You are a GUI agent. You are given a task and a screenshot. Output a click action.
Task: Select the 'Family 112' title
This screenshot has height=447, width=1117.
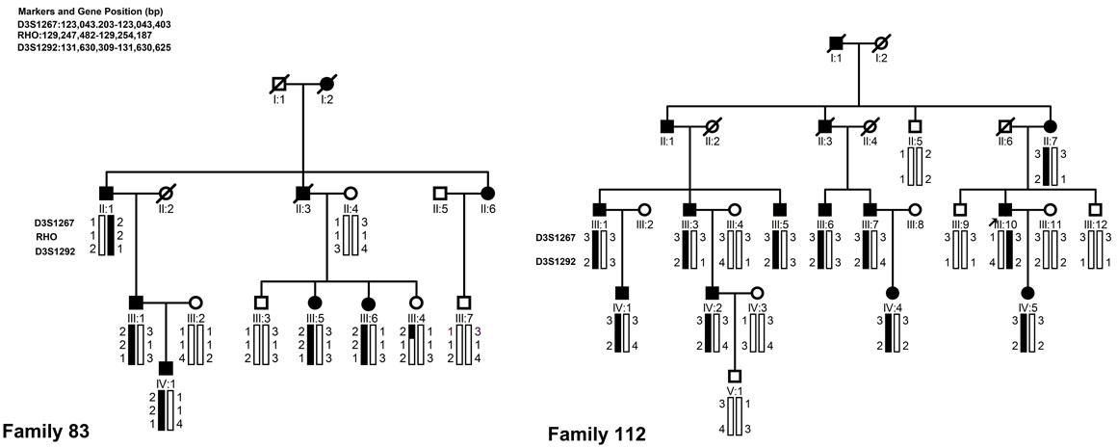coord(597,434)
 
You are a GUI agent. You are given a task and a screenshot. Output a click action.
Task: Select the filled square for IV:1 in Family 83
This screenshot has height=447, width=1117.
coord(166,367)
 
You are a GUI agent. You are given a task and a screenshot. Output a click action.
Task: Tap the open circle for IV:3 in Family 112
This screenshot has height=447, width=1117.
coord(758,291)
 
